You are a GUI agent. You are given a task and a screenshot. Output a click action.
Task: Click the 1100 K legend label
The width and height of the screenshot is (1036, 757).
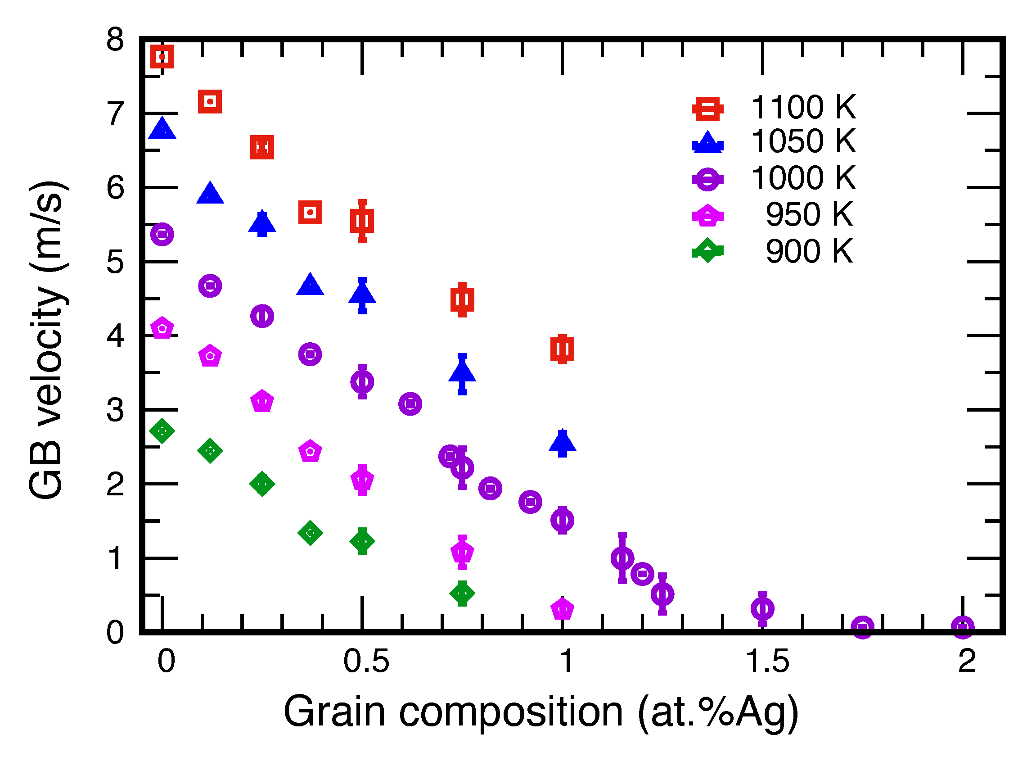coord(803,107)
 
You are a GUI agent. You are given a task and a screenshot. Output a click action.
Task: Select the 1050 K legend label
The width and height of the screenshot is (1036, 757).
coord(803,141)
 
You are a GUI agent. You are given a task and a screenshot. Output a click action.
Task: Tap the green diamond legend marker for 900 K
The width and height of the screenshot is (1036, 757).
coord(707,251)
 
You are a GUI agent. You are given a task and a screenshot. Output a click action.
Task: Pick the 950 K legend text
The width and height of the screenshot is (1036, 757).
coord(809,214)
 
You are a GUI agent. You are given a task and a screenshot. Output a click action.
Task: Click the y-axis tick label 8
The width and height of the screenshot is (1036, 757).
coord(115,40)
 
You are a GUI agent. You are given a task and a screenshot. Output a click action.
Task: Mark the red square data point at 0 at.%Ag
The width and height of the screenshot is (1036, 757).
coord(162,56)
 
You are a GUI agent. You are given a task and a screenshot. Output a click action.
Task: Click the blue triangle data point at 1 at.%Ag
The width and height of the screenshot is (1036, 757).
coord(563,443)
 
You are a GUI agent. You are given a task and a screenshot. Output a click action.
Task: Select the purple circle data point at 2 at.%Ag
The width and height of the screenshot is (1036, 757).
coord(962,627)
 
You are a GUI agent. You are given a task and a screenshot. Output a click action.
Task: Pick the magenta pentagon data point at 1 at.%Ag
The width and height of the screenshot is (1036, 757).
coord(563,609)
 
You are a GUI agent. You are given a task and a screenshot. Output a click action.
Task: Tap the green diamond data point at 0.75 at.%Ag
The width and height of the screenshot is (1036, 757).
coord(462,594)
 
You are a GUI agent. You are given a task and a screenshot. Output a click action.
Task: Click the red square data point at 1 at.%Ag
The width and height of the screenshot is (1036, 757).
coord(563,349)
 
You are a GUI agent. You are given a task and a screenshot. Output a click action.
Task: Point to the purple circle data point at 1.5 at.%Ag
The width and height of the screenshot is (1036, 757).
coord(762,608)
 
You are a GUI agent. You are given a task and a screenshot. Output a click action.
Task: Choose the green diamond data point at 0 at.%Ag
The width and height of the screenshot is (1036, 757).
coord(162,431)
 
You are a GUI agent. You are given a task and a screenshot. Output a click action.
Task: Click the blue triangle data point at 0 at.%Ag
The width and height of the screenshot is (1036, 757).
coord(162,129)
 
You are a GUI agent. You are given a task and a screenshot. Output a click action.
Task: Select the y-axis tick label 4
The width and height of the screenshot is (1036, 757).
coord(115,336)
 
